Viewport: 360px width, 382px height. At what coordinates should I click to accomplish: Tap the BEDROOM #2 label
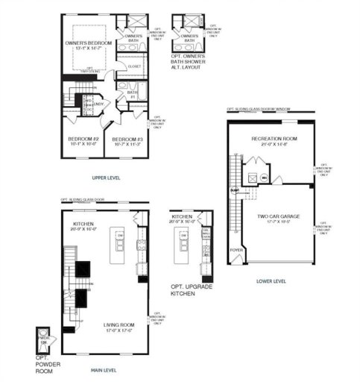83,140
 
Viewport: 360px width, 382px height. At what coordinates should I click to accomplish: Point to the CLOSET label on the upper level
134,66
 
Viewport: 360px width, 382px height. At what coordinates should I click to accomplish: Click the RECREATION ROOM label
269,140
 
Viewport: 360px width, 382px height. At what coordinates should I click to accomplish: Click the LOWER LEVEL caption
270,281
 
